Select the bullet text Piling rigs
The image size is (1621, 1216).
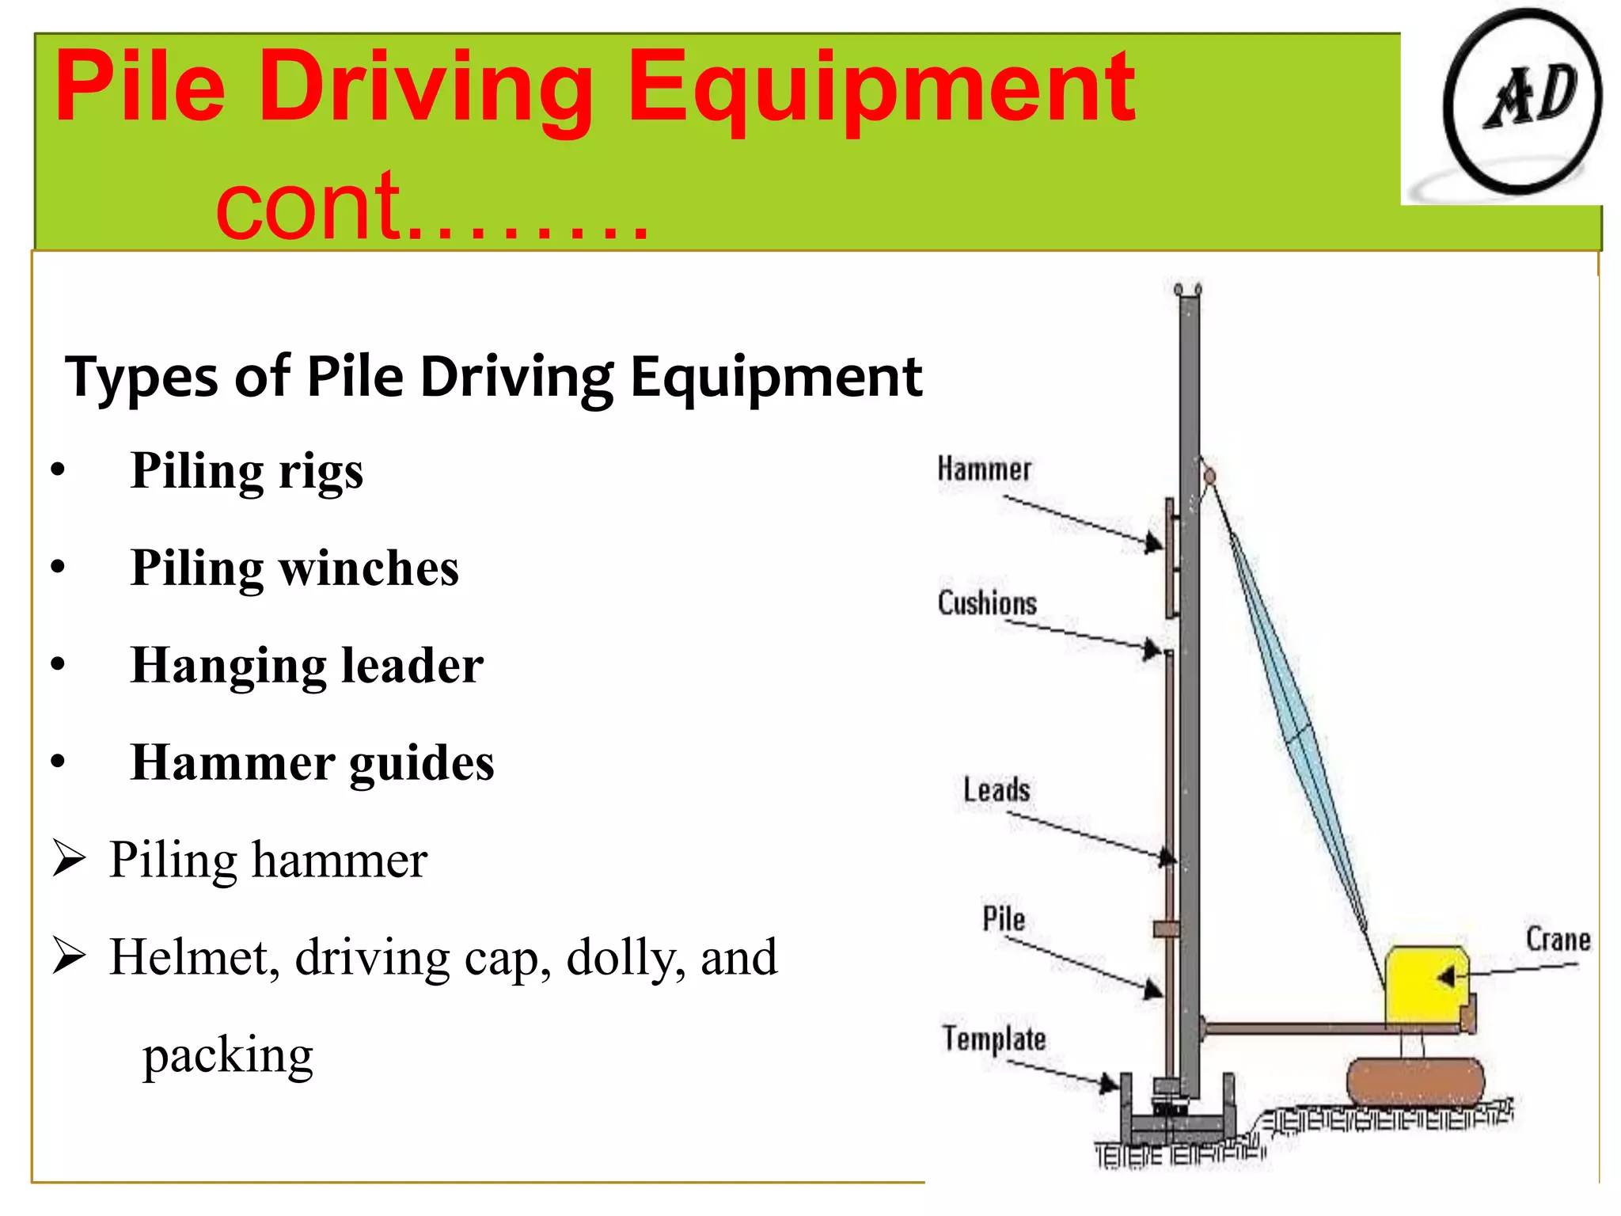246,471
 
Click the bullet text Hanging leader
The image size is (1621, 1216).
306,665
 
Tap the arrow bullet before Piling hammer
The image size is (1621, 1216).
69,859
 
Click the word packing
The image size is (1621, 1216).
228,1055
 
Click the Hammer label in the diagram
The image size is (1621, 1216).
984,469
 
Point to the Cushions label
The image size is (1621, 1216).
987,603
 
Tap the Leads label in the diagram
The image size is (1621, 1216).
997,790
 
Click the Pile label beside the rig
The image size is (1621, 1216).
1004,919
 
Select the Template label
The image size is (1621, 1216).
994,1039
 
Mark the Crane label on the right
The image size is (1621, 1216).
1558,940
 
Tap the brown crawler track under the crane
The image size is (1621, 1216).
1415,1081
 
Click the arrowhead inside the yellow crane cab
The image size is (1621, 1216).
1446,978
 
